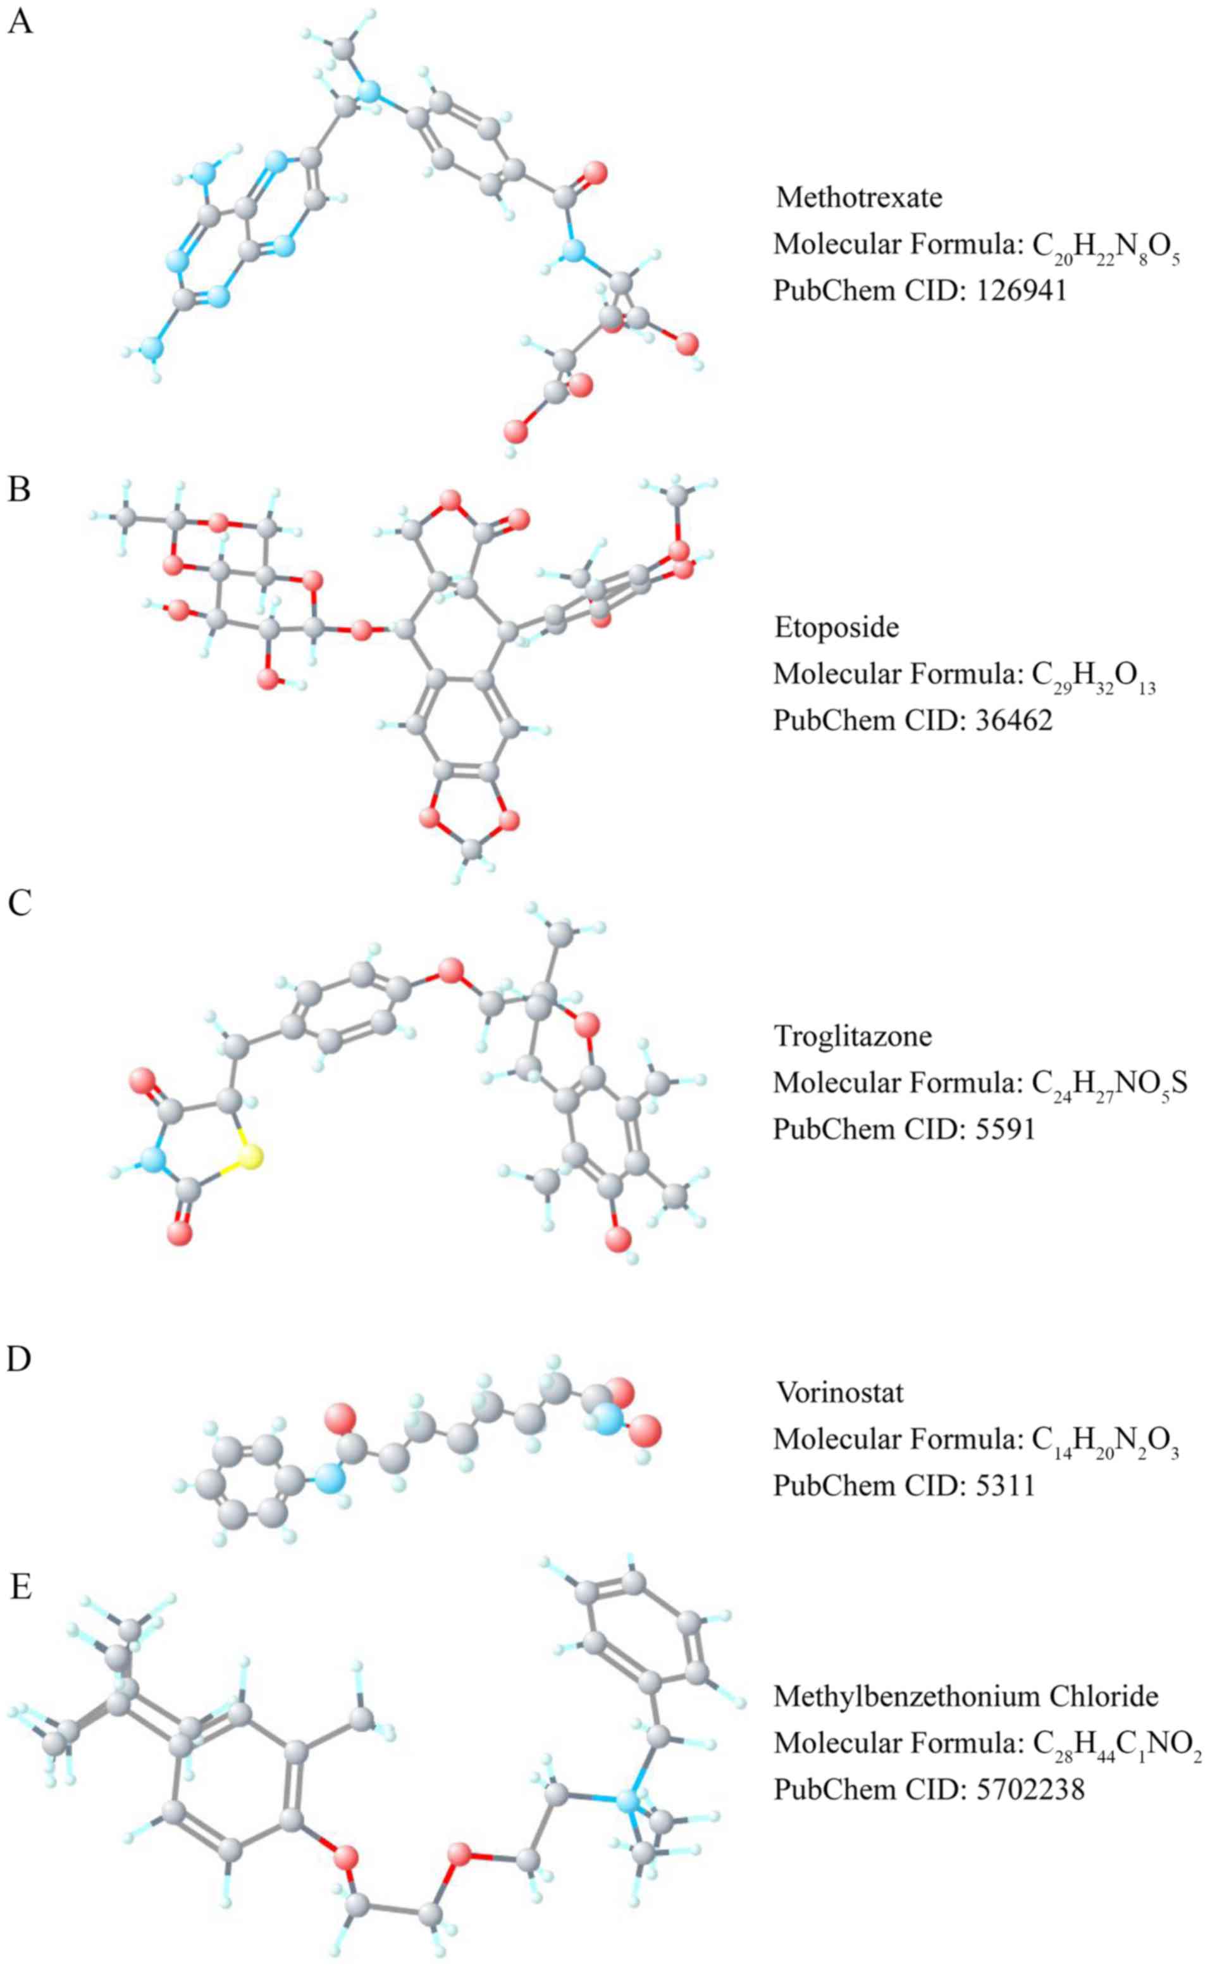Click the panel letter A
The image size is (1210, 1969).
tap(20, 22)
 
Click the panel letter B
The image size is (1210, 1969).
tap(19, 488)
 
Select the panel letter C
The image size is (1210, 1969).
tap(19, 902)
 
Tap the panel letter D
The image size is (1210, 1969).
tap(19, 1358)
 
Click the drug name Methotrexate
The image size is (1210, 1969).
tap(859, 197)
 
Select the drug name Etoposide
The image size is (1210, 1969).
tap(836, 627)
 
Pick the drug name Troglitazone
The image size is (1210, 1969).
tap(852, 1036)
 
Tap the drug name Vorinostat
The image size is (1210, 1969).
tap(839, 1393)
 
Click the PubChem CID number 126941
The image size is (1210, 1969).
tap(1022, 290)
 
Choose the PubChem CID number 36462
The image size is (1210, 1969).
tap(1014, 721)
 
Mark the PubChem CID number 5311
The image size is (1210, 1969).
tap(1005, 1486)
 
